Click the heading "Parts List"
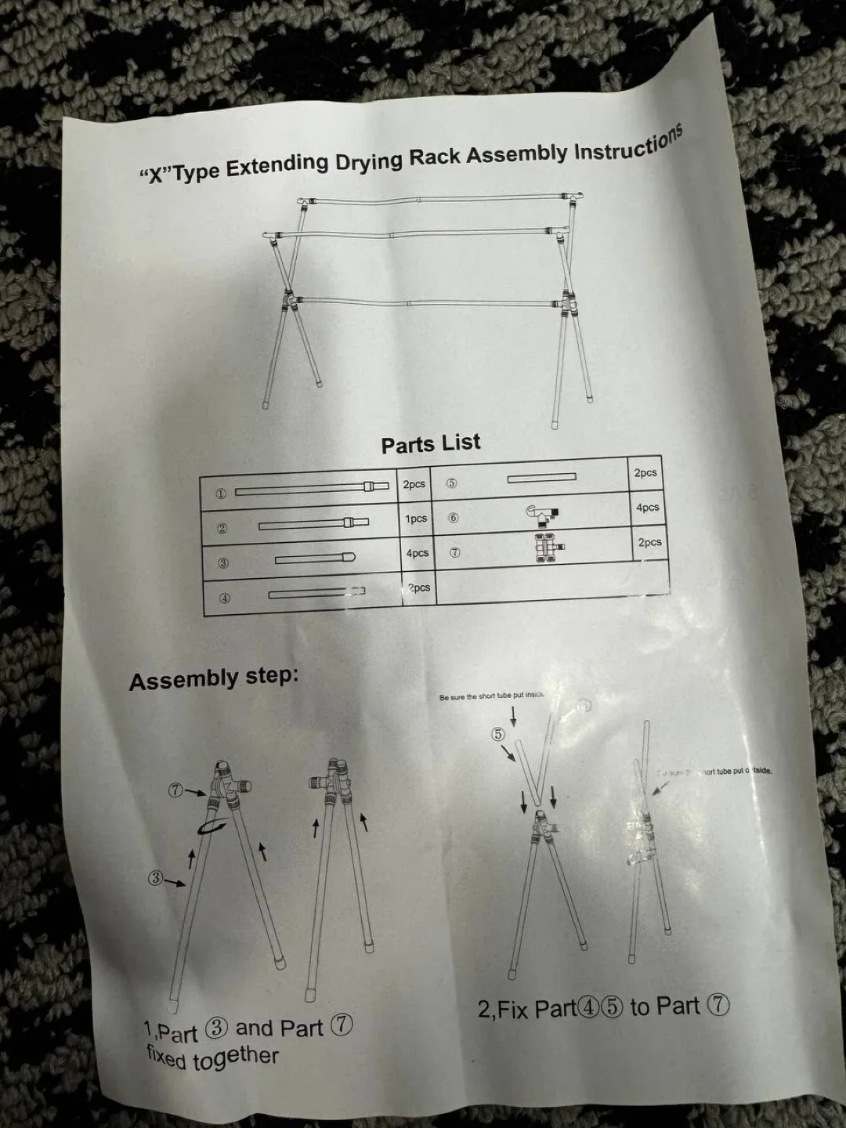tap(430, 443)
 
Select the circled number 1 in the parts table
tap(221, 493)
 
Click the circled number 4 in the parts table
tap(224, 598)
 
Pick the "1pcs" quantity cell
tap(416, 519)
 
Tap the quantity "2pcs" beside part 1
tap(414, 484)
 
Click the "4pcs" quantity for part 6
tap(647, 508)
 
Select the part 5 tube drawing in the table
tap(541, 477)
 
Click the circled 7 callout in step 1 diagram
tap(176, 790)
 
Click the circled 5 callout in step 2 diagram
tap(497, 734)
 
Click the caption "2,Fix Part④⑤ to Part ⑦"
tap(603, 1007)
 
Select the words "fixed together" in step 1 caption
tap(212, 1057)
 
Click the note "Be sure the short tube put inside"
tap(491, 696)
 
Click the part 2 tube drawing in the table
tap(313, 523)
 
